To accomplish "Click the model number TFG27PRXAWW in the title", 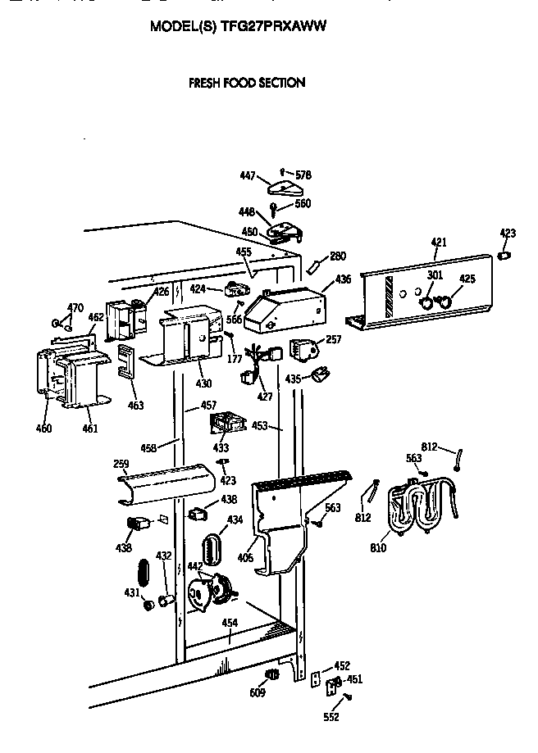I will click(x=274, y=26).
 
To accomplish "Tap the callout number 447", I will click(x=248, y=176).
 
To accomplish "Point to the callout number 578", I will click(x=303, y=175).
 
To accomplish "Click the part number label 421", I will click(x=439, y=242).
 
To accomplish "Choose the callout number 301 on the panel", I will click(x=435, y=274).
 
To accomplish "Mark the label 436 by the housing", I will click(x=342, y=279).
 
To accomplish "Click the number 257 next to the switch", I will click(x=333, y=338).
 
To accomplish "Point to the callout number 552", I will click(x=331, y=717).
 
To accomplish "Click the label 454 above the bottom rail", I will click(x=230, y=623).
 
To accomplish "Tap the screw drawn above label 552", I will click(x=349, y=696).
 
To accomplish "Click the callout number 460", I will click(x=43, y=429).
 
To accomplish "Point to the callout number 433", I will click(x=221, y=448).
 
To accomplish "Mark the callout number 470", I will click(x=75, y=308).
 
